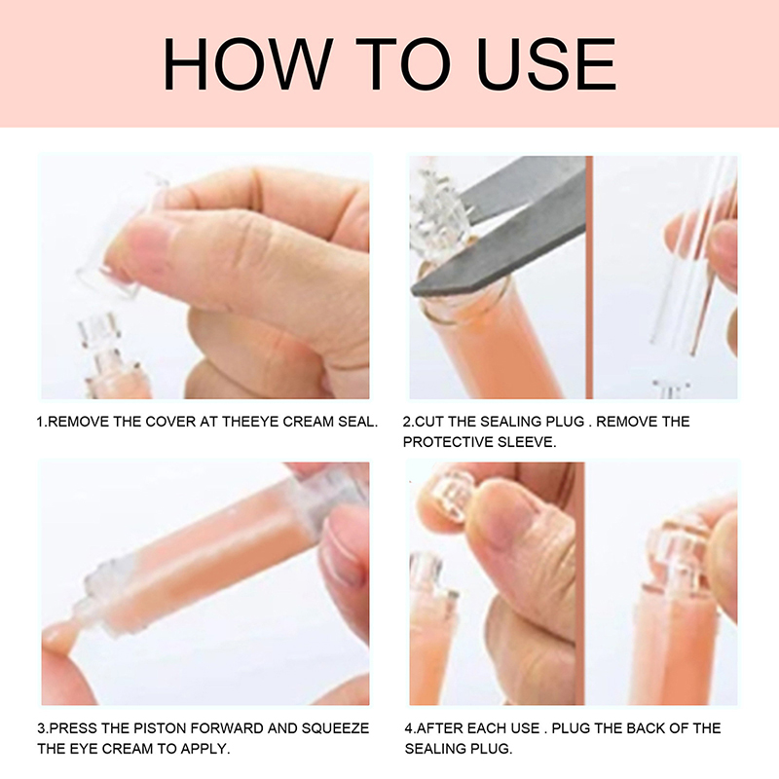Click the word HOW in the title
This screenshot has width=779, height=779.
pyautogui.click(x=248, y=64)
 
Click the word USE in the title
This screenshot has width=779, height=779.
pyautogui.click(x=546, y=64)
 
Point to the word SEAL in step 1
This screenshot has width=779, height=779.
pyautogui.click(x=357, y=422)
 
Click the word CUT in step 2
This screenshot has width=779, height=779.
pyautogui.click(x=427, y=422)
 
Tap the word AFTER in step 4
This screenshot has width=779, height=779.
pyautogui.click(x=436, y=728)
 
